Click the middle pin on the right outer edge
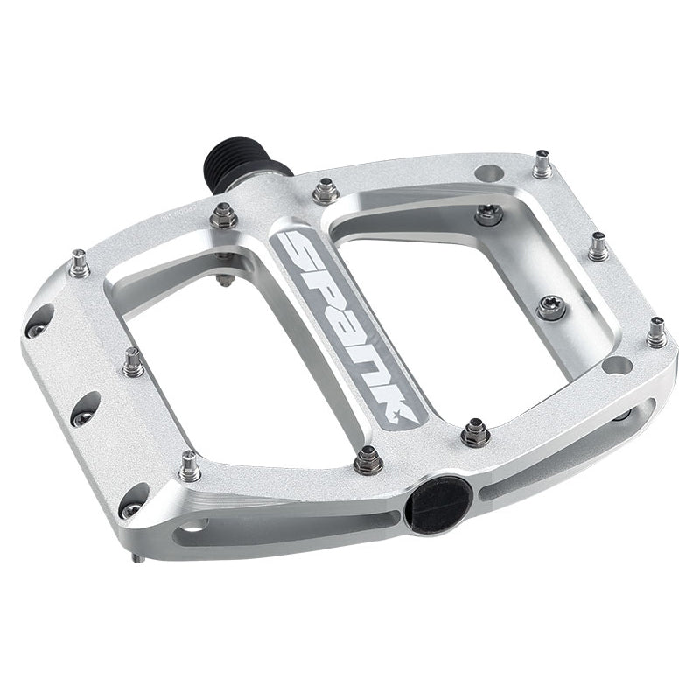click(x=598, y=248)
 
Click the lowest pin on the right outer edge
click(x=655, y=332)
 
